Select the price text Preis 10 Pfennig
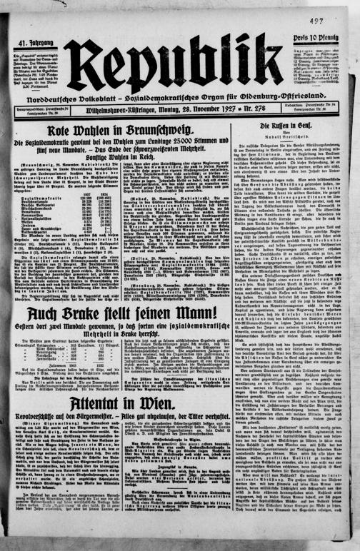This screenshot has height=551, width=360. (316, 39)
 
